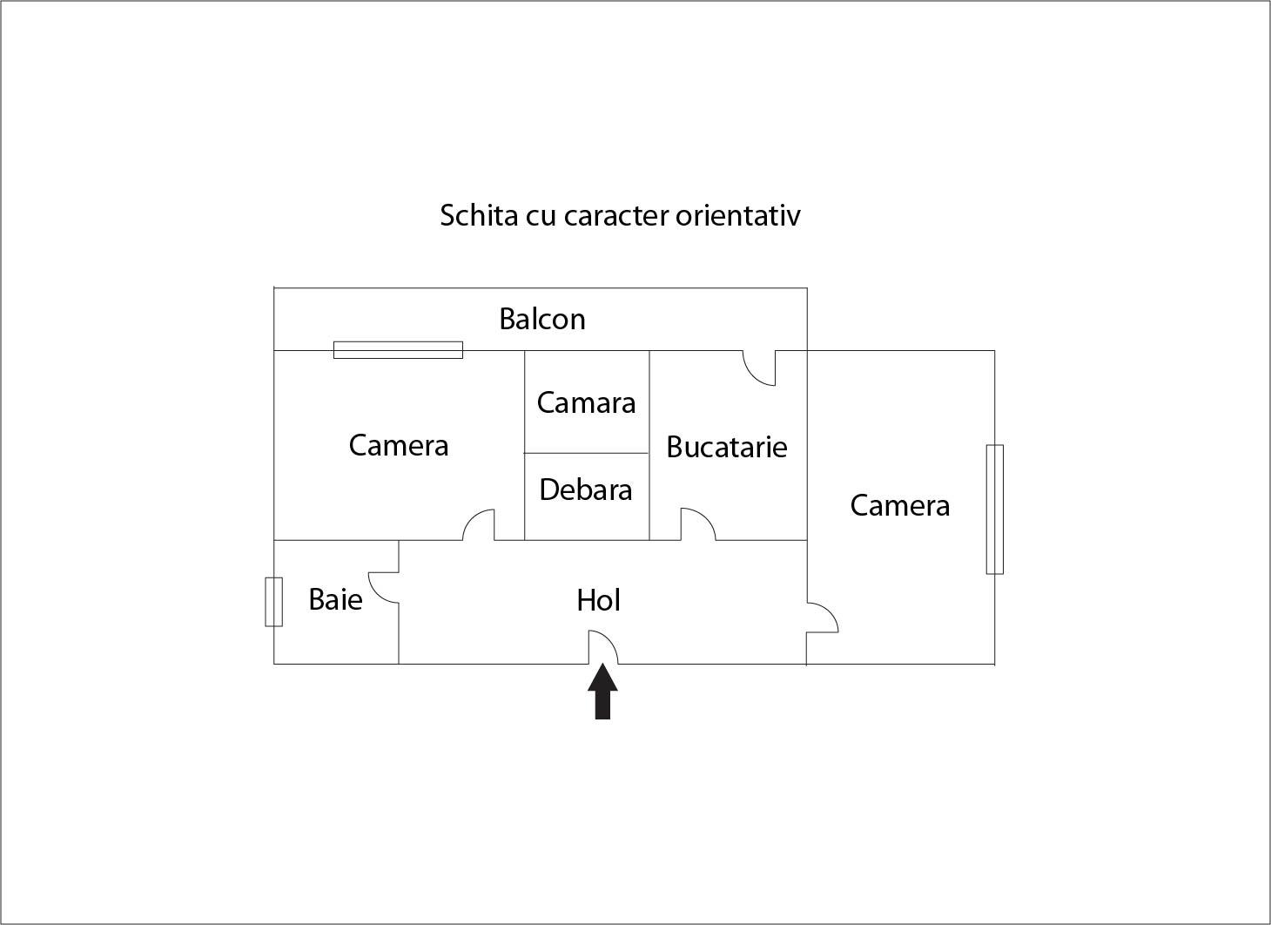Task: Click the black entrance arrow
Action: (602, 691)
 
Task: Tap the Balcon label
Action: (542, 319)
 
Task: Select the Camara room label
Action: (586, 402)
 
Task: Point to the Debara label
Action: (586, 490)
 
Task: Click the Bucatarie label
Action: (727, 447)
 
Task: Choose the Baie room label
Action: (335, 599)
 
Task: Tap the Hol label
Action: (599, 600)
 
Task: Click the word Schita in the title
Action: (480, 215)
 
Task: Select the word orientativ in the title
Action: (738, 215)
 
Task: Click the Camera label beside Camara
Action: (399, 445)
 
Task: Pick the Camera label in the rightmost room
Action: (900, 505)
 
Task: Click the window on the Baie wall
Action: (274, 602)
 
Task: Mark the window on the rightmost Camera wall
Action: (995, 510)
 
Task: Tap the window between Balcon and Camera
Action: (399, 350)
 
